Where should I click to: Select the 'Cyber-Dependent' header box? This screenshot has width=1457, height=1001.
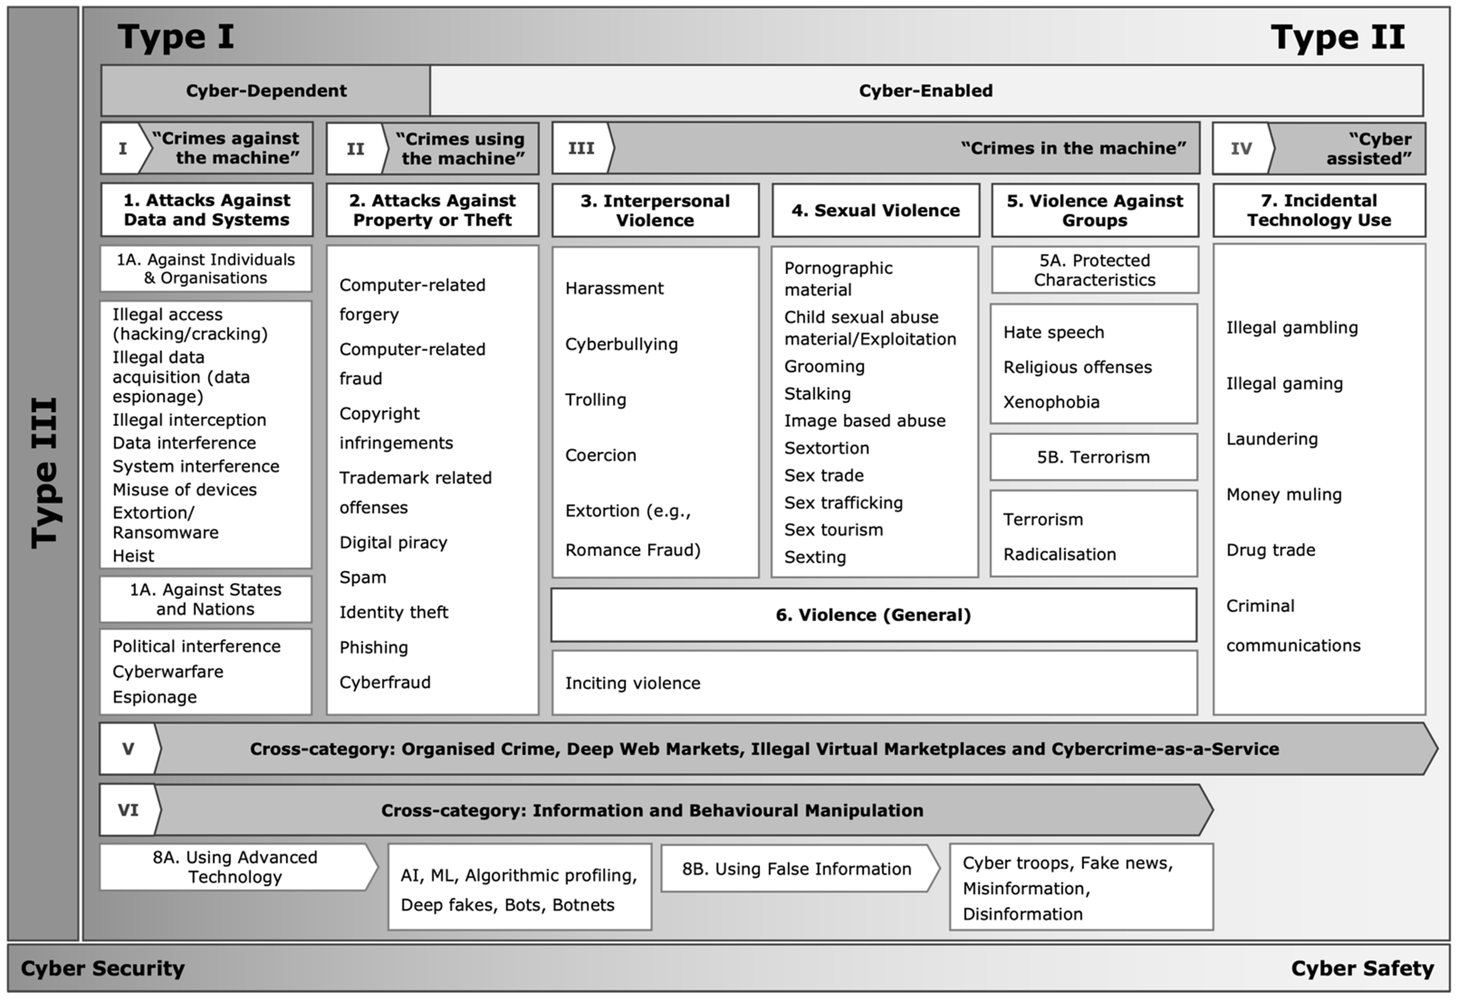(266, 90)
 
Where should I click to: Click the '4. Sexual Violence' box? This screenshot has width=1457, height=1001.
(876, 210)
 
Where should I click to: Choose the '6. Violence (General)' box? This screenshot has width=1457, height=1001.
(874, 615)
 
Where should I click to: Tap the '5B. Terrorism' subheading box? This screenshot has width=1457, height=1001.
(1094, 457)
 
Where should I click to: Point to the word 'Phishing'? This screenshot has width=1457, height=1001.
(374, 647)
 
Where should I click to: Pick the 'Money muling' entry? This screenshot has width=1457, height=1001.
(1284, 495)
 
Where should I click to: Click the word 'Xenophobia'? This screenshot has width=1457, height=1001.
(1051, 402)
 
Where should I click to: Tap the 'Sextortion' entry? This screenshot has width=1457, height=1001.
(827, 448)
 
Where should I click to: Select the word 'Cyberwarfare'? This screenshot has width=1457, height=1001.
(168, 672)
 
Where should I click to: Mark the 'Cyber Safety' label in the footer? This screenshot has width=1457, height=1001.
(1362, 968)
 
